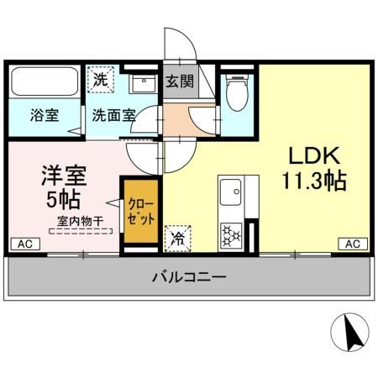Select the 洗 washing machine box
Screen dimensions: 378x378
coord(101,81)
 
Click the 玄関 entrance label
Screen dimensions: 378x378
coord(178,82)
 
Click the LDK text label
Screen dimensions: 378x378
coord(313,156)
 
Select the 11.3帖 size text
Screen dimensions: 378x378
coord(313,180)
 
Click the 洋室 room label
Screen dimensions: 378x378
coord(65,176)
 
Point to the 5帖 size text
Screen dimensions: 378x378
coord(64,201)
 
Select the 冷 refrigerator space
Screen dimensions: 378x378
coord(178,238)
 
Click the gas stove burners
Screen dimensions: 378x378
coord(231,234)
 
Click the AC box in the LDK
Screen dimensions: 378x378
coord(354,244)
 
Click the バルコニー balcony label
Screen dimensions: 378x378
coord(188,276)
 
